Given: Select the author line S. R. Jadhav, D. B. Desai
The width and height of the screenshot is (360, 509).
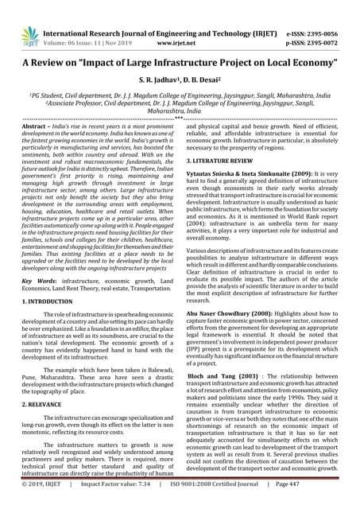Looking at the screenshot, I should [180, 81].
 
